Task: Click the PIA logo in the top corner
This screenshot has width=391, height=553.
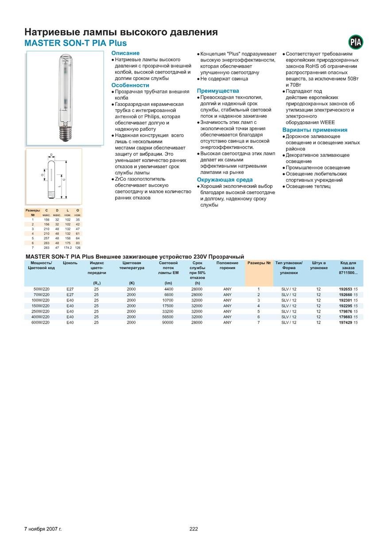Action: coord(356,42)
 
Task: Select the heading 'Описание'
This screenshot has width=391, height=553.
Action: coord(125,53)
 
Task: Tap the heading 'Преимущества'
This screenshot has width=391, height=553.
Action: coord(218,91)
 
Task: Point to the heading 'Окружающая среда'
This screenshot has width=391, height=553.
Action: coord(225,180)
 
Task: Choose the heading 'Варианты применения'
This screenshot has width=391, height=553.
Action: coord(315,130)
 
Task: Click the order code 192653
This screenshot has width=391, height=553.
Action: coord(345,289)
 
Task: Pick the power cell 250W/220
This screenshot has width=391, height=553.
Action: coord(41,312)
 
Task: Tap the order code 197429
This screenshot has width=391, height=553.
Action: coord(345,323)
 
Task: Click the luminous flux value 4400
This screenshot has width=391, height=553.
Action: coord(168,289)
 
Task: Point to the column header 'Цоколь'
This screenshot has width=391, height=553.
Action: coord(70,263)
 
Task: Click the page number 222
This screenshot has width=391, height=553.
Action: coord(194,529)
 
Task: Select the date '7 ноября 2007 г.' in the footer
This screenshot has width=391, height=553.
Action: coord(43,529)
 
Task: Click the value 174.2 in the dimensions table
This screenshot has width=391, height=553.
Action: coord(68,248)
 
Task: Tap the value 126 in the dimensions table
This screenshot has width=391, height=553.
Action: coord(77,248)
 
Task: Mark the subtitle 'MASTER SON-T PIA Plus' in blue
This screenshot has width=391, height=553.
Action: coord(75,43)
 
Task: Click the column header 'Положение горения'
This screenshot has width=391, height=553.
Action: coord(227,265)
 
